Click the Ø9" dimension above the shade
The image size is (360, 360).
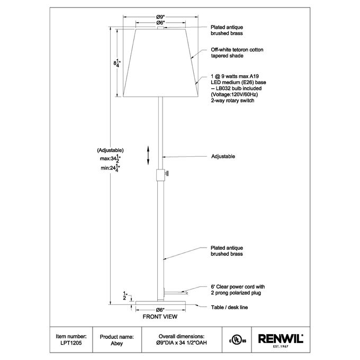[x=160, y=17]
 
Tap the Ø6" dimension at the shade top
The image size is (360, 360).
[x=160, y=23]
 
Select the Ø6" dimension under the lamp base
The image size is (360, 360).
[x=160, y=310]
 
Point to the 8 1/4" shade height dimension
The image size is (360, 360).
[x=117, y=63]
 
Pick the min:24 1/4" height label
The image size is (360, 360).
[x=111, y=168]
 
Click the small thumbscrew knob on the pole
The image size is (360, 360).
[x=167, y=173]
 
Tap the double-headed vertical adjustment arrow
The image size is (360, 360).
[x=148, y=156]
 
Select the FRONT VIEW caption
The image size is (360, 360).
[x=160, y=317]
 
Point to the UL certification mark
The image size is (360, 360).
[x=237, y=339]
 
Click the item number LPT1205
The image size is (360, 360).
[x=71, y=343]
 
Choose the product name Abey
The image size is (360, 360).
[x=116, y=344]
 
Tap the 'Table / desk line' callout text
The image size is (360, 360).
[x=229, y=308]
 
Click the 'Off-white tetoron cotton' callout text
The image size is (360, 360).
[x=237, y=50]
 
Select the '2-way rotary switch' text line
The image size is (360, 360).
[x=232, y=101]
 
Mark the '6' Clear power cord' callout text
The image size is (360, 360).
[x=238, y=287]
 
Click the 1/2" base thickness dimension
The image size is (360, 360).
[x=125, y=296]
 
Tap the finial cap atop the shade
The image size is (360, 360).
[x=161, y=28]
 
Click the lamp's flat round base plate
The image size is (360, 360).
[x=160, y=303]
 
